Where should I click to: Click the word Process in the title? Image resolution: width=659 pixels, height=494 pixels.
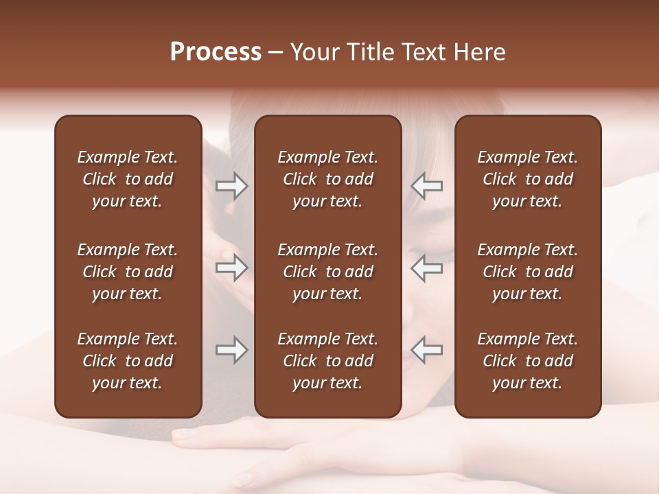pos(216,52)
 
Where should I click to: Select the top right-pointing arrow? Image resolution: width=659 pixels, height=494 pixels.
pos(231,186)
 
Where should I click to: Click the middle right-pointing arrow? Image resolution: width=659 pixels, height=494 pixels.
pos(231,267)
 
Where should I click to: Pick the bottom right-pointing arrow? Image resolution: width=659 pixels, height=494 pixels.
pos(231,350)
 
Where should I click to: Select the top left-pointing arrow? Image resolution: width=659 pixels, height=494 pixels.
pos(427,186)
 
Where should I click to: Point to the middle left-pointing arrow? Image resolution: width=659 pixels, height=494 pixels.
pos(427,267)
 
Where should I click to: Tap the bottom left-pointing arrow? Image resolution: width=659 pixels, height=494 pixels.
pos(427,350)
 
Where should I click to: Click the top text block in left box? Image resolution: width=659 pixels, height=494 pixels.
pos(128,179)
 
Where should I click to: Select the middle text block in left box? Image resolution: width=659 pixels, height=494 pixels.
pos(128,272)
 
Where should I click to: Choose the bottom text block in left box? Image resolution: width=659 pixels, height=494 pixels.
pos(128,361)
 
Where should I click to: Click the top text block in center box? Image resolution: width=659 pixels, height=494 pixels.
pos(327,179)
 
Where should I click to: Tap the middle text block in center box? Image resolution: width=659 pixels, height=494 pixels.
pos(327,272)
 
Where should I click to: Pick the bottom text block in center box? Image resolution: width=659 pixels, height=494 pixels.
pos(327,361)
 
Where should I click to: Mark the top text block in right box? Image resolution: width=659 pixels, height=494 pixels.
pos(527,179)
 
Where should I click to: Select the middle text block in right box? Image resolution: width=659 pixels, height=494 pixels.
pos(527,272)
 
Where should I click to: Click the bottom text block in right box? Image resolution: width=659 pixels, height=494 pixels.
pos(527,361)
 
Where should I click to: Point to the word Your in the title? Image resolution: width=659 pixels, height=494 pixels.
pos(314,52)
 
